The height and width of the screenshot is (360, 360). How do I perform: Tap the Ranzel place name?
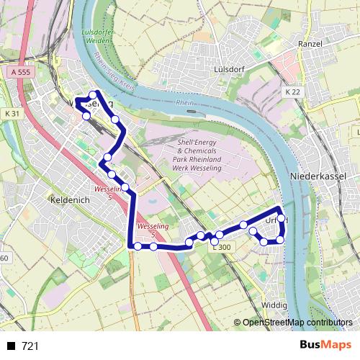coord(312,44)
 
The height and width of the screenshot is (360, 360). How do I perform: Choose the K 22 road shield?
coord(292,93)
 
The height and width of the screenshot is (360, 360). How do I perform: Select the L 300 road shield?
coord(222,247)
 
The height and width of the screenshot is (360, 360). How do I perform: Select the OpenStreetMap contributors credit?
coord(297,323)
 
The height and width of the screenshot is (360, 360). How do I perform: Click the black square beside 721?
coord(11,346)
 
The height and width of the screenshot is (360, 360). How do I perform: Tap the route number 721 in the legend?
coord(30,346)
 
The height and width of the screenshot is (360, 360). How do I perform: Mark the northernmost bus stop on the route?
coord(94,94)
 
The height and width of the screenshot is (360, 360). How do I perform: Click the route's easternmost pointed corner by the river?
coord(279,210)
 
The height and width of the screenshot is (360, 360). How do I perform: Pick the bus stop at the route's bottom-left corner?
coord(138,246)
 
